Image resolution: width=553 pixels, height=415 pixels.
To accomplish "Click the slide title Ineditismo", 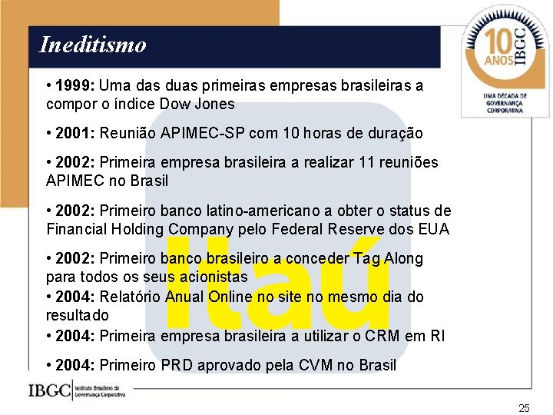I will (92, 45).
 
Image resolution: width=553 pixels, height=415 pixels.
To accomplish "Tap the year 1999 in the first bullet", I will (75, 85).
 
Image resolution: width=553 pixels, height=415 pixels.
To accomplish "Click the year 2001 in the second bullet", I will (75, 133).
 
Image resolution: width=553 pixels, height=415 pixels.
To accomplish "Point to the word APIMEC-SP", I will (200, 133).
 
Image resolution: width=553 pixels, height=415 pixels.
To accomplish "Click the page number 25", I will (524, 408).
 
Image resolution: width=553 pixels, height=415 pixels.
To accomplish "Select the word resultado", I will (78, 315).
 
